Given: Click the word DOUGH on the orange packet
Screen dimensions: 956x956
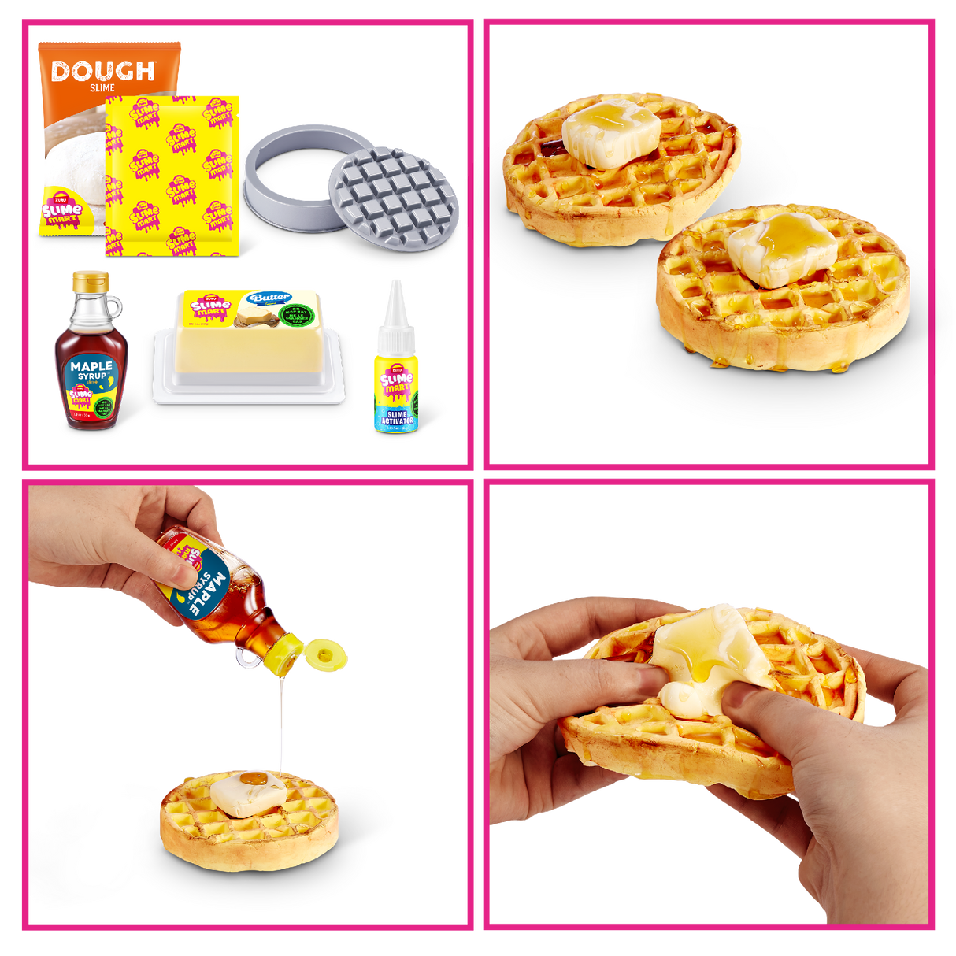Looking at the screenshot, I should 102,72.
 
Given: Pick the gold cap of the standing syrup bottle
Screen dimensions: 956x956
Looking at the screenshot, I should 91,281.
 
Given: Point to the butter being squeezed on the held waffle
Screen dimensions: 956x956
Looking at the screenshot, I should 709,661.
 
